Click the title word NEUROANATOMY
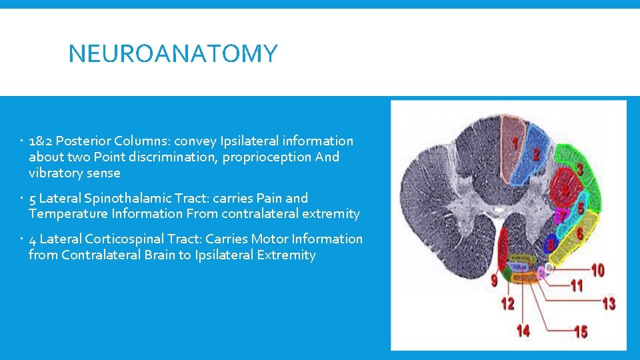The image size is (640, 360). coord(173,53)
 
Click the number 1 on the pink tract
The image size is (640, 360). coord(515,142)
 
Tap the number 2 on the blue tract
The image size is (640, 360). coord(536,154)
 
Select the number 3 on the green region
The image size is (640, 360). coord(580,170)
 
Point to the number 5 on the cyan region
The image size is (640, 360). coord(581,209)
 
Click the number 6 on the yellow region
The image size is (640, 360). coord(579,234)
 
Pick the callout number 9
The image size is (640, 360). coord(494,281)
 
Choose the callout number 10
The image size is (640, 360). coord(597,271)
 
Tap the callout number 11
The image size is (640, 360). coord(576,286)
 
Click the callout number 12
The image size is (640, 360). coord(507,303)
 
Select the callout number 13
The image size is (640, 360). coord(608,303)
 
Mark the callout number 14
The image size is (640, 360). coord(523,330)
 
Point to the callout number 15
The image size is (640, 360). coord(581,331)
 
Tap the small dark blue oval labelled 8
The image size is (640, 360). coord(551,244)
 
